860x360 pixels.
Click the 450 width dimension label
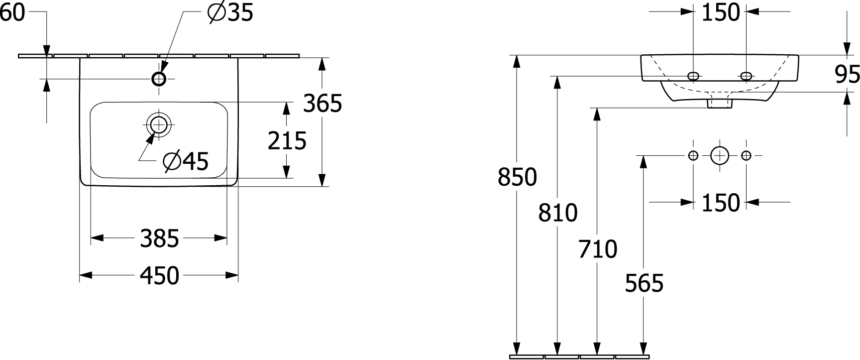pos(159,275)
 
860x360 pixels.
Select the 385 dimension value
pos(159,239)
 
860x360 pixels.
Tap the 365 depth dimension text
pos(323,104)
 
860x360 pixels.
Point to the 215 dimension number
pos(287,141)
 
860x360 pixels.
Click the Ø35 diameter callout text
pos(230,13)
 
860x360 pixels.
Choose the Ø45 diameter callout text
pos(186,161)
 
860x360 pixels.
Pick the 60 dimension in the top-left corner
pos(12,13)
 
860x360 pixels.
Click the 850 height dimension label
pos(517,177)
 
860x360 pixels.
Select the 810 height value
pos(558,213)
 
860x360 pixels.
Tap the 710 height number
pos(598,249)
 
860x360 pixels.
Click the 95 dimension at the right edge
pos(847,75)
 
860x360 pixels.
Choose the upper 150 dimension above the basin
pos(721,13)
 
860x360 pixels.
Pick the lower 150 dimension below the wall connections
pos(721,203)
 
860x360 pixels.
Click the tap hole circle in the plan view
pos(159,79)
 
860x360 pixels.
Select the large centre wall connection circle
pos(719,156)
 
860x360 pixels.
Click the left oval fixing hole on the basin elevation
pos(693,76)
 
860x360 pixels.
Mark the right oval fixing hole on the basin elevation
pos(746,76)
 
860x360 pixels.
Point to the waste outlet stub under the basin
pos(720,103)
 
